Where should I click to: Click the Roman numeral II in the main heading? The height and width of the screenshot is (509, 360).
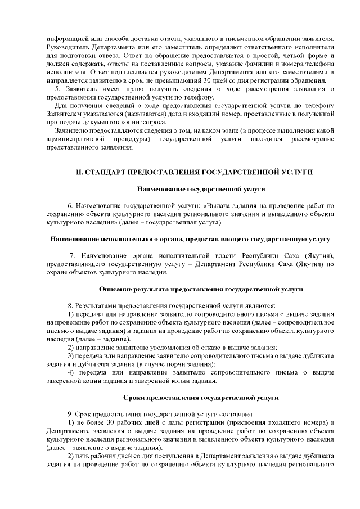80,170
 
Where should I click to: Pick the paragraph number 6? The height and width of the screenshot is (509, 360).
70,206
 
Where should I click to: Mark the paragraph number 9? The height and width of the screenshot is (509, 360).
70,414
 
